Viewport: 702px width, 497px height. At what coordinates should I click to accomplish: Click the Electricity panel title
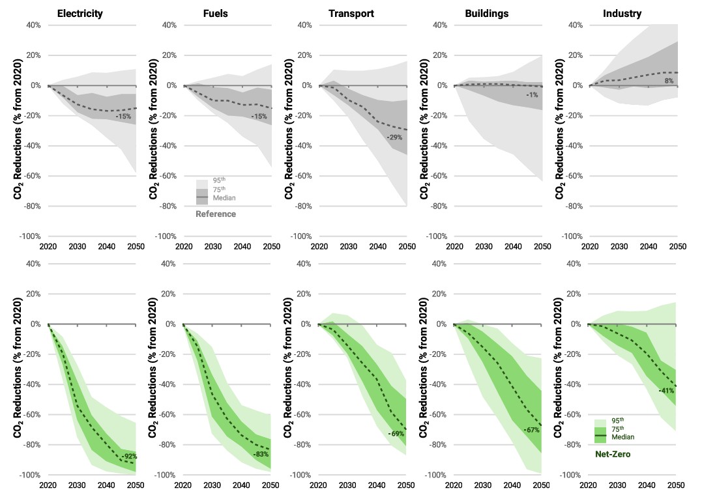pos(80,13)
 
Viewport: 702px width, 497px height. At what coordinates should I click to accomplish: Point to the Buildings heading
pos(486,13)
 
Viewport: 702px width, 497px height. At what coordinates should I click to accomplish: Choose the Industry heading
pos(622,13)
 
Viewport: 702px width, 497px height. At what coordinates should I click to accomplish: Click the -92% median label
pos(129,457)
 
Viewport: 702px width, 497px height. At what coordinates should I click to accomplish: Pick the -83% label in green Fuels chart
pos(261,453)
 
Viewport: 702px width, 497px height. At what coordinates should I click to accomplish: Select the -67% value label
pos(532,430)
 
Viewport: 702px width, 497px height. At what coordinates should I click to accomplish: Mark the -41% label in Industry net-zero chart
pos(666,391)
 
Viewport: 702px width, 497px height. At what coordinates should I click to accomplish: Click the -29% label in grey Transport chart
pos(394,137)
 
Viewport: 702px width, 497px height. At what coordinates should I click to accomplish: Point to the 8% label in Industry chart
pos(669,81)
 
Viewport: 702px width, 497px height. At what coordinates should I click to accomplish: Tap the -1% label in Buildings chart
pos(533,95)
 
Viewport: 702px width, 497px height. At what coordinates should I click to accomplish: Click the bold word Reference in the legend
pos(216,214)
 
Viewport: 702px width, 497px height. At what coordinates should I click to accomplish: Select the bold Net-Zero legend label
pos(613,453)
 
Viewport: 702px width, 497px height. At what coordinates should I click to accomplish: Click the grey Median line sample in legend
pos(202,197)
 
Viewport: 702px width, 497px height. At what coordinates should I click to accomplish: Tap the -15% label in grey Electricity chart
pos(124,116)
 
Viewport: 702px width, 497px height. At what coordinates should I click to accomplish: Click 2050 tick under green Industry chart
pos(677,485)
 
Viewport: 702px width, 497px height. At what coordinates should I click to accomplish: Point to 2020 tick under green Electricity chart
pos(48,485)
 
